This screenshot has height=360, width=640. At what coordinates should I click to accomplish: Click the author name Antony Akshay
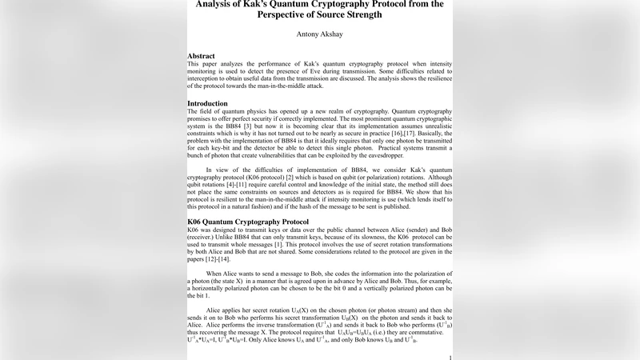[x=319, y=35]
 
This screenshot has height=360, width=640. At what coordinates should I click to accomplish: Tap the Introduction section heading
[x=207, y=103]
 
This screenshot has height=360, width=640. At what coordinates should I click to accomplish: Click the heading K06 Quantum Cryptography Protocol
[x=247, y=222]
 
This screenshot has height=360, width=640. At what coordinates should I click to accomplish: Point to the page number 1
[x=451, y=357]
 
